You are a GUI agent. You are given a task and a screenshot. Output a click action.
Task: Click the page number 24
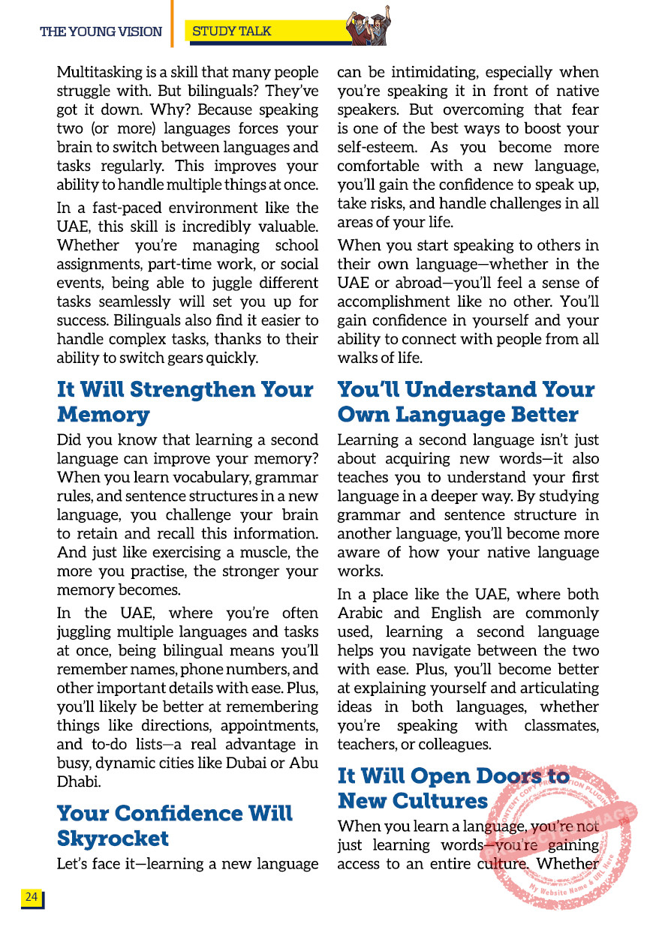point(32,897)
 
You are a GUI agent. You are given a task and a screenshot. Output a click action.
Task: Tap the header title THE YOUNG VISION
point(101,31)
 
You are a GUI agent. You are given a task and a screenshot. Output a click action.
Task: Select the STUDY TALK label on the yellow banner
point(232,31)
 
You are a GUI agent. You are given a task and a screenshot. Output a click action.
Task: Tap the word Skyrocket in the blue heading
point(113,838)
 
